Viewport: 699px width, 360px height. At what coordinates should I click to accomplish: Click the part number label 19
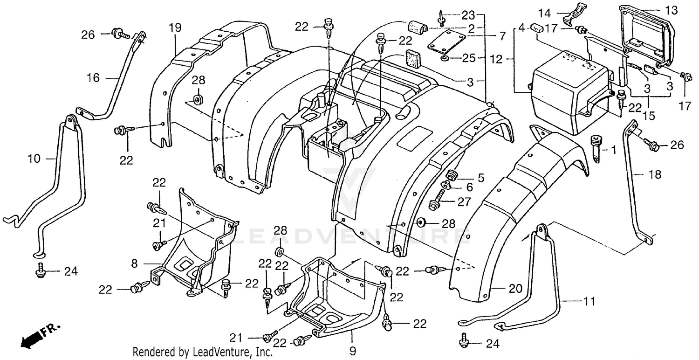pyautogui.click(x=175, y=28)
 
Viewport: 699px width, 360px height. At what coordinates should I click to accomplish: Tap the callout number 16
pyautogui.click(x=93, y=78)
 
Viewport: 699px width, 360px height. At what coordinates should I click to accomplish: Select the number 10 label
pyautogui.click(x=34, y=159)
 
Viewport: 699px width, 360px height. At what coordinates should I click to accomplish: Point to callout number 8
pyautogui.click(x=135, y=264)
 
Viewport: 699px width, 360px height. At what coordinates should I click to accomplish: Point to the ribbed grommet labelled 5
pyautogui.click(x=451, y=176)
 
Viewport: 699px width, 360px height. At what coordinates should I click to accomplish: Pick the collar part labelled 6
pyautogui.click(x=445, y=186)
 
